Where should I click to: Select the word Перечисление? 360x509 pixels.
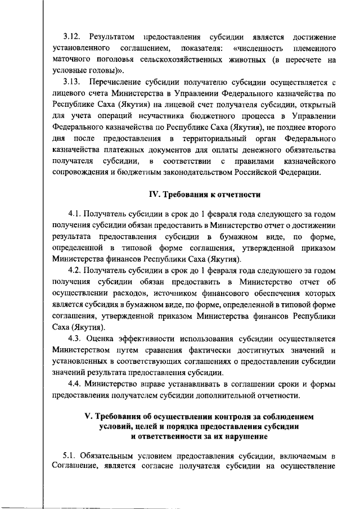click(121, 82)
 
